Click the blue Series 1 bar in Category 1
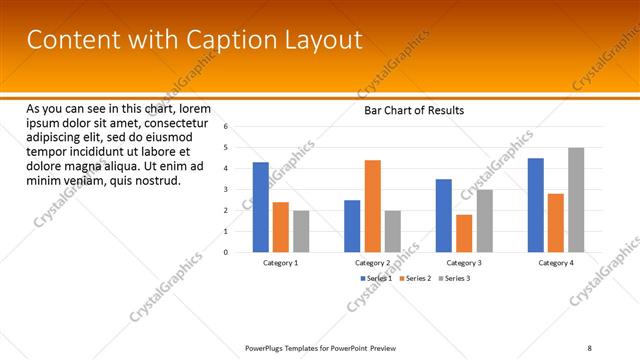click(x=260, y=207)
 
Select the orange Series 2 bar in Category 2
click(x=372, y=206)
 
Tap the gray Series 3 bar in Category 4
click(x=576, y=200)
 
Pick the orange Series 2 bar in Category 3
click(x=464, y=233)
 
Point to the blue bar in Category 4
click(x=536, y=205)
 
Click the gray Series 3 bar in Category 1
click(x=301, y=231)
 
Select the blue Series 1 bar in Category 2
click(x=352, y=226)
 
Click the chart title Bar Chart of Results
click(x=413, y=110)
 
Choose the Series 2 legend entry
click(x=415, y=277)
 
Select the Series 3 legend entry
click(x=455, y=277)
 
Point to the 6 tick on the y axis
click(x=227, y=126)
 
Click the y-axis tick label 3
click(x=227, y=189)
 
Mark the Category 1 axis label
click(x=280, y=262)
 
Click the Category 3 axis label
click(x=464, y=262)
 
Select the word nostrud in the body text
click(x=156, y=180)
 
